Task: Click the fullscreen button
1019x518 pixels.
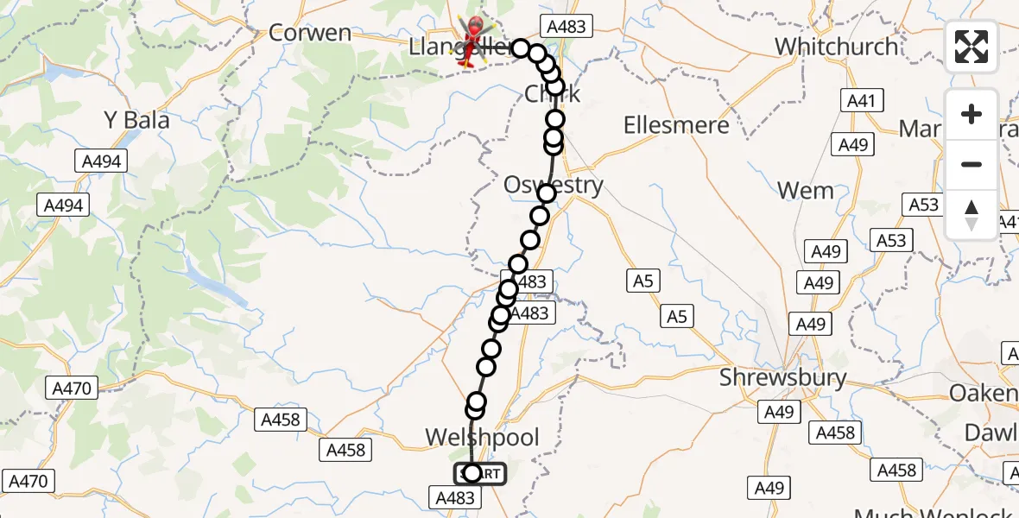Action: (x=972, y=47)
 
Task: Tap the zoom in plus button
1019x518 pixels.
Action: (x=972, y=115)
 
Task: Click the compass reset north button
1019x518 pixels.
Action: (x=972, y=214)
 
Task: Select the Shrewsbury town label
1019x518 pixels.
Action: (x=783, y=378)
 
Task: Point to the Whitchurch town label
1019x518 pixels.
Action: (x=836, y=46)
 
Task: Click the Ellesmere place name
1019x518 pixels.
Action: (x=676, y=125)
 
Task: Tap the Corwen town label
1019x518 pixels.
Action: (x=310, y=33)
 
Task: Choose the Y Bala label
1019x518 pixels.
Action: (x=136, y=120)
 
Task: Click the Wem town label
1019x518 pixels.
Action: (x=805, y=190)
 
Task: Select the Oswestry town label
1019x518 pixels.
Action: (x=554, y=185)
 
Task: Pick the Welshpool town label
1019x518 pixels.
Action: (x=482, y=437)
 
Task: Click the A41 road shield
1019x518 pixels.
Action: (x=861, y=101)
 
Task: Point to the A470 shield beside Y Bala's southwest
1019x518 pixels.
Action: (x=72, y=388)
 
